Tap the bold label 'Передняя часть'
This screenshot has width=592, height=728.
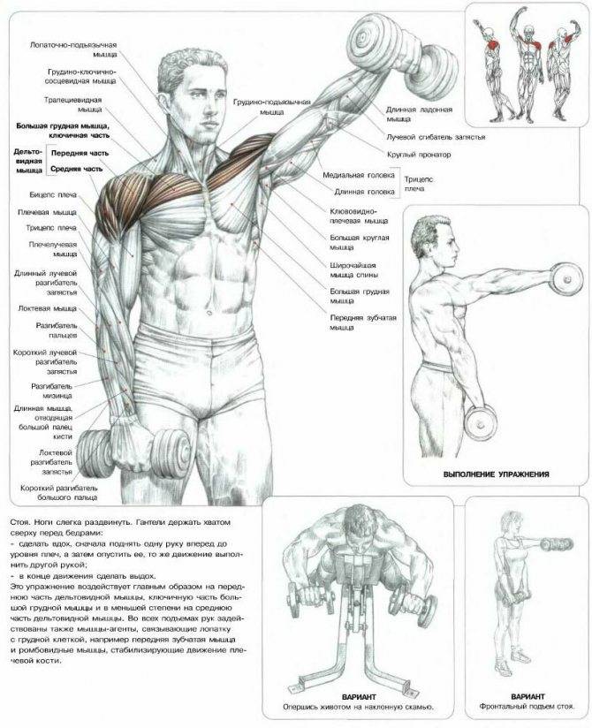coord(80,153)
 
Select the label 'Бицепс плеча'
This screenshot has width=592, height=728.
coord(53,194)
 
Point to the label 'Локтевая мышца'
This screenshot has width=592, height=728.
coord(48,308)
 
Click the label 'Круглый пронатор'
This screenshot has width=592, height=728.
coord(418,155)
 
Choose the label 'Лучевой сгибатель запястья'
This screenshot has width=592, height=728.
coord(436,138)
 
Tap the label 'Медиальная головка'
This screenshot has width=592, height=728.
coord(359,175)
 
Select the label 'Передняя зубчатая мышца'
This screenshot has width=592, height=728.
coord(363,322)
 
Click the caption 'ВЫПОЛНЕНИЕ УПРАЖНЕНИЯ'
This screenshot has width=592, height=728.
coord(497,474)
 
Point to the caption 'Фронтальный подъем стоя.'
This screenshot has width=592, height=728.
coord(527,707)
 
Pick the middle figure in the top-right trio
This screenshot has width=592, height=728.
coord(527,64)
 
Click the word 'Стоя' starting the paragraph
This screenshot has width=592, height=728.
coord(19,522)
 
